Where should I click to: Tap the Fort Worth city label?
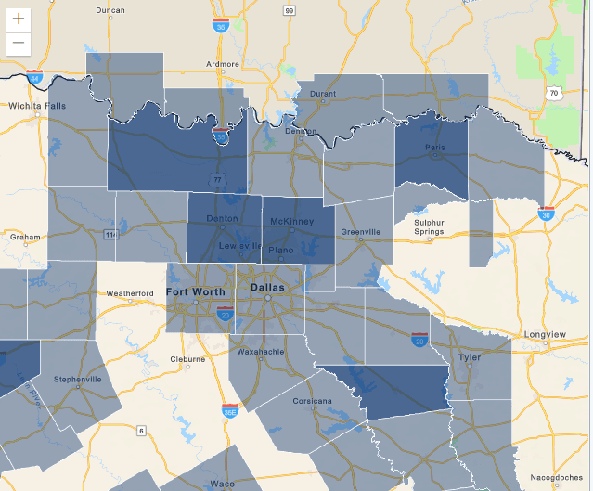pos(196,292)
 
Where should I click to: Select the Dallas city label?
pos(266,289)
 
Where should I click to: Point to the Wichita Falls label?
pos(38,107)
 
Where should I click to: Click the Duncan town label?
pos(110,9)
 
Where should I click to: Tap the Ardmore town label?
pos(222,64)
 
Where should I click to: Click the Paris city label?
pos(434,147)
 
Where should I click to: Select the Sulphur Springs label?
pos(430,226)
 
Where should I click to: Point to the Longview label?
pos(545,334)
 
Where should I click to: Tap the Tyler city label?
pos(470,357)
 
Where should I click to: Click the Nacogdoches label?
pos(557,478)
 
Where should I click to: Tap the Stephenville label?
pos(77,380)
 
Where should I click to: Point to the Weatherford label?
pos(130,293)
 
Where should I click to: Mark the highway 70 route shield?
pos(554,93)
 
